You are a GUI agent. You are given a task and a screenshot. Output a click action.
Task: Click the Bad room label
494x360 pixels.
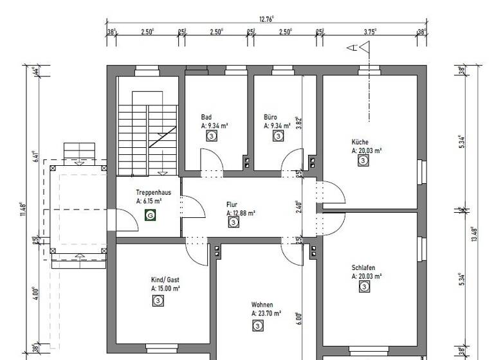coord(206,117)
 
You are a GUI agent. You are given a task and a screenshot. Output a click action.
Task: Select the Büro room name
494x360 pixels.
coord(270,117)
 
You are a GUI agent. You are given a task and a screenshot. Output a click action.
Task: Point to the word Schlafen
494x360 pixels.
coord(363,267)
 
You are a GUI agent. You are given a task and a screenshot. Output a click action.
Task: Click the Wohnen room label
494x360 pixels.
coord(262,305)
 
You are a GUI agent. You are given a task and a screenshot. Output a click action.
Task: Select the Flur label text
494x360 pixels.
coord(232,204)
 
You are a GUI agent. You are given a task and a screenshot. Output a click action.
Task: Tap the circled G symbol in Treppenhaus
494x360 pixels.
coord(151,215)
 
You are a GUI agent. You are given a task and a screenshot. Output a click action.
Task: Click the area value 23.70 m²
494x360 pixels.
coord(266,314)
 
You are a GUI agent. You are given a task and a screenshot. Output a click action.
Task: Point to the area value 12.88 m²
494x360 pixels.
coord(241,213)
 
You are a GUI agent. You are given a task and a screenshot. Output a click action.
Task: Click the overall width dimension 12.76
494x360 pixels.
coord(266,19)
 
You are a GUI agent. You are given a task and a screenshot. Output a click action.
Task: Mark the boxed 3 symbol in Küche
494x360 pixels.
coord(363,161)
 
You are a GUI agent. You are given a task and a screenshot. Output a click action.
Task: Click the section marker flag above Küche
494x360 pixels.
coord(365,47)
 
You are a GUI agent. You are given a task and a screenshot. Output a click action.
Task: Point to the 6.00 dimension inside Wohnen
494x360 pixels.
coord(299,318)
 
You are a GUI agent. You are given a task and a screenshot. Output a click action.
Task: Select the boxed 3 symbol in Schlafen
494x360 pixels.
coord(363,287)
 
